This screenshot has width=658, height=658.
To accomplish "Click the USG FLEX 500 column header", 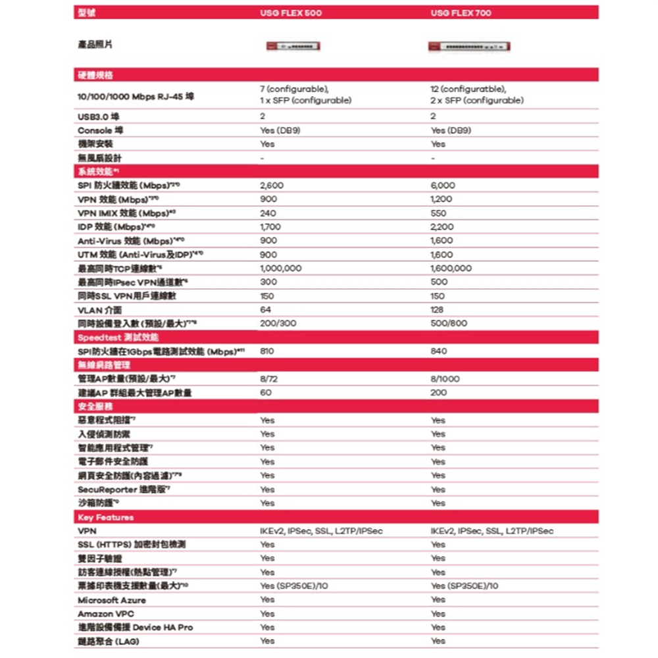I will point(291,13).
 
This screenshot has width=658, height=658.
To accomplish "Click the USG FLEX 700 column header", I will point(461,13).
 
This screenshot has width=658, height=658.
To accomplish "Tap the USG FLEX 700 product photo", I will point(468,46).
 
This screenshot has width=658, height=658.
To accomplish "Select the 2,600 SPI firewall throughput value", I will point(272,186).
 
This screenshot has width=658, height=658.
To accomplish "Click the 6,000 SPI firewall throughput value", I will point(442,186).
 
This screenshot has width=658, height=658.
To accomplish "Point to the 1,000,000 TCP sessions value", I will point(281,268).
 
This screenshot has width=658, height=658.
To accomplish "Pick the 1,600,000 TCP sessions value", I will point(451,268).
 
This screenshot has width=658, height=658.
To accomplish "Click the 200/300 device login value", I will point(279,324).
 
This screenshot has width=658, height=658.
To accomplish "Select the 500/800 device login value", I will point(449,324).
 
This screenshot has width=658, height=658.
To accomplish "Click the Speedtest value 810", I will point(267,351).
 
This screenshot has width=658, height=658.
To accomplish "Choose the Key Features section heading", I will point(105,517).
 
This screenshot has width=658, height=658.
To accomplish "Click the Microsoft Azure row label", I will point(112,600).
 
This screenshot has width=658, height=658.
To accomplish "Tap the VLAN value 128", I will point(437,310).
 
